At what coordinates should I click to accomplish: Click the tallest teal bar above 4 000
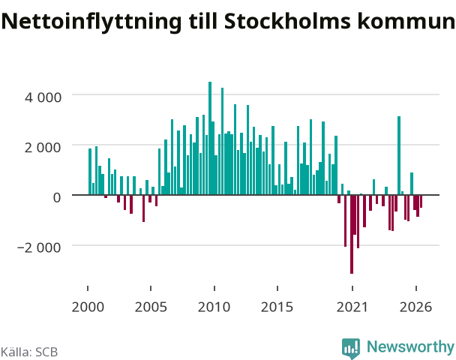pos(210,138)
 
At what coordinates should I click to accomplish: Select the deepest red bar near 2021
pos(352,235)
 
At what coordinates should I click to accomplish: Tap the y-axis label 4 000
pos(43,97)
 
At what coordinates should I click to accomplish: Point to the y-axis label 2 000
pos(43,148)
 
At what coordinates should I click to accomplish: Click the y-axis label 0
pos(57,197)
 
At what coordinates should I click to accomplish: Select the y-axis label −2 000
pos(39,247)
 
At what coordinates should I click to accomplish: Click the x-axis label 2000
pos(88,307)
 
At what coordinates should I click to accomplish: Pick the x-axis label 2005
pos(151,307)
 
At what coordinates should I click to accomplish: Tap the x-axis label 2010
pos(214,307)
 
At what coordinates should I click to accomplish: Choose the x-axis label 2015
pos(277,307)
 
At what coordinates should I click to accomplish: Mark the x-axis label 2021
pos(352,307)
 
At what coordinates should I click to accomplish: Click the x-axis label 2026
pos(415,307)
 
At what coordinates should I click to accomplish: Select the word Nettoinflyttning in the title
pos(91,22)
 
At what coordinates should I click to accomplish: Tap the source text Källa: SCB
pos(29,352)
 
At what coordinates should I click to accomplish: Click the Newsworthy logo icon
pos(351,348)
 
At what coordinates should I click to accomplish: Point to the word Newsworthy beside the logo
pos(411,346)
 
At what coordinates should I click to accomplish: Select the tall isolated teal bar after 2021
pos(399,155)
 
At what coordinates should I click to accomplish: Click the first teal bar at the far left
pos(90,172)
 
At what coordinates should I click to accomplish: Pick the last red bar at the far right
pos(421,202)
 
